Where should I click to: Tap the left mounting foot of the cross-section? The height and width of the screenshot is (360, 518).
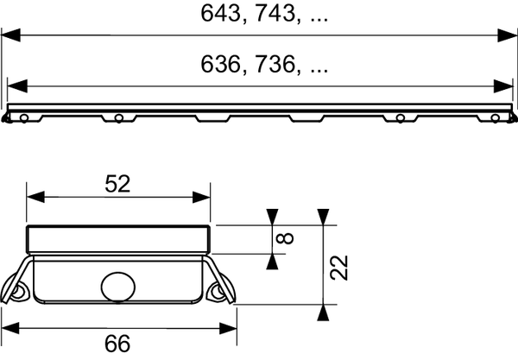(x=19, y=288)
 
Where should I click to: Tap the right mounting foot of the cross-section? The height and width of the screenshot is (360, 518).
(x=219, y=288)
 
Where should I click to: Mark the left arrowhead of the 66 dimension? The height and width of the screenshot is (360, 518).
(x=12, y=328)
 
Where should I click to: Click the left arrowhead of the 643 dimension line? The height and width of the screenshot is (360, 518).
(x=10, y=35)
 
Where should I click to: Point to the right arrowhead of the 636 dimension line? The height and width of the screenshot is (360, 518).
(x=505, y=85)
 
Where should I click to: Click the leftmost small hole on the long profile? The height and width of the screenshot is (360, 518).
(x=25, y=117)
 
